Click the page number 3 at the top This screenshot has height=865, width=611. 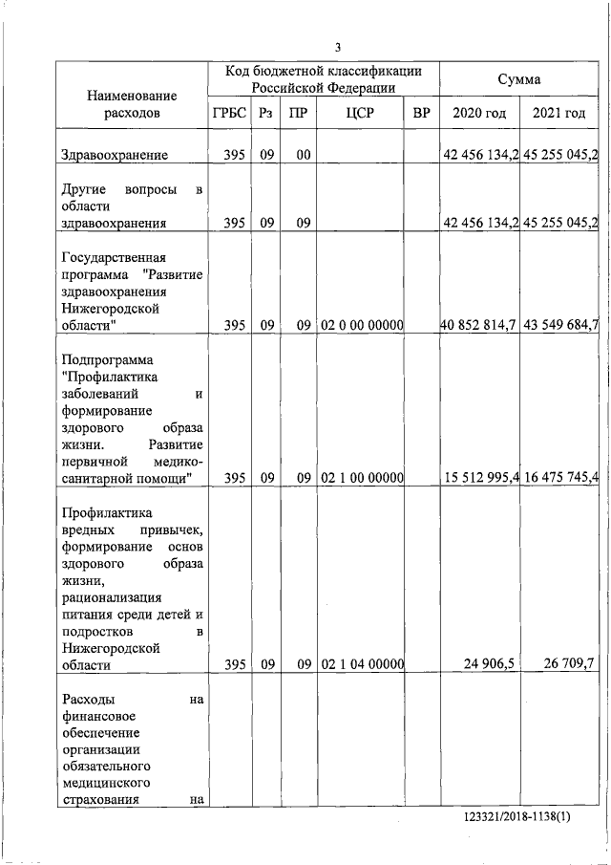(338, 48)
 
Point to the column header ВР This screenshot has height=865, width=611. (421, 114)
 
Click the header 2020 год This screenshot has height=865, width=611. (479, 114)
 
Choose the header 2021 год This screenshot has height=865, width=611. (559, 114)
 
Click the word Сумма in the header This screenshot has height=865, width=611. (519, 79)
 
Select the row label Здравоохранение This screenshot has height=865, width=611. (114, 154)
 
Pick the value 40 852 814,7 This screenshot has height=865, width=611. (478, 326)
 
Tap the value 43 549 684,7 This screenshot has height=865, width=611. (560, 326)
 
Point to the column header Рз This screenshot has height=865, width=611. (265, 114)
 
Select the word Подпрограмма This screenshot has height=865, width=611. (106, 360)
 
